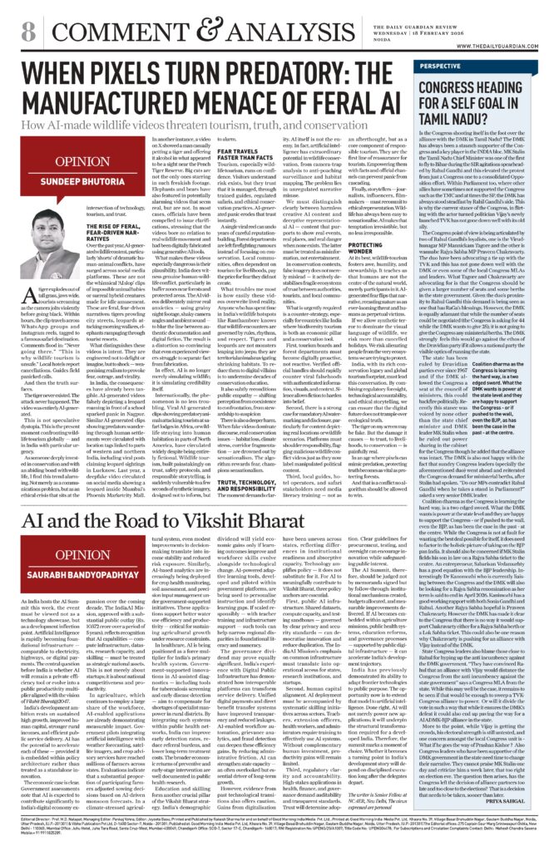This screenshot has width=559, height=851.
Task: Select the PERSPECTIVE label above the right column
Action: [449, 65]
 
